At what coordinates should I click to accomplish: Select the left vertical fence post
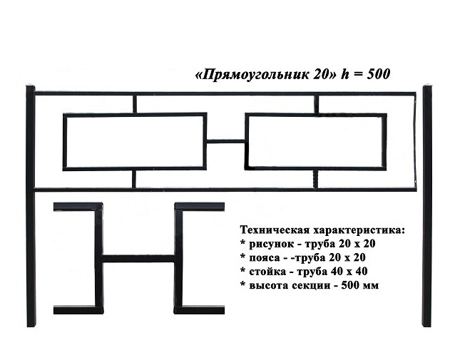31,206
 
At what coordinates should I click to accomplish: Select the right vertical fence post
427,206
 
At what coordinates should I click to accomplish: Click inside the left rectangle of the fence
135,142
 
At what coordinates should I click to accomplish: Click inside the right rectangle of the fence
316,142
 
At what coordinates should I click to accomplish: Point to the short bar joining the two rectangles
226,141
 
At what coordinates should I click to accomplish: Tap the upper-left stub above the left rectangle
135,104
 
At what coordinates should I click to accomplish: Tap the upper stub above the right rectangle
316,104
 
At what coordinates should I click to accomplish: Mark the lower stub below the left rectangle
134,179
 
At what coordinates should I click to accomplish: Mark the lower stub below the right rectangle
316,179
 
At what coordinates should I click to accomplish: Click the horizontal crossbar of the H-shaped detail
138,259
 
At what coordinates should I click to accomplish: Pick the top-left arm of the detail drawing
78,207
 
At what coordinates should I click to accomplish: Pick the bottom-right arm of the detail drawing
199,310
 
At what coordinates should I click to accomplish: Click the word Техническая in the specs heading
275,230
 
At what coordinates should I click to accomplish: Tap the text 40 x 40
349,271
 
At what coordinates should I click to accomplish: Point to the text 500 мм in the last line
360,285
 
